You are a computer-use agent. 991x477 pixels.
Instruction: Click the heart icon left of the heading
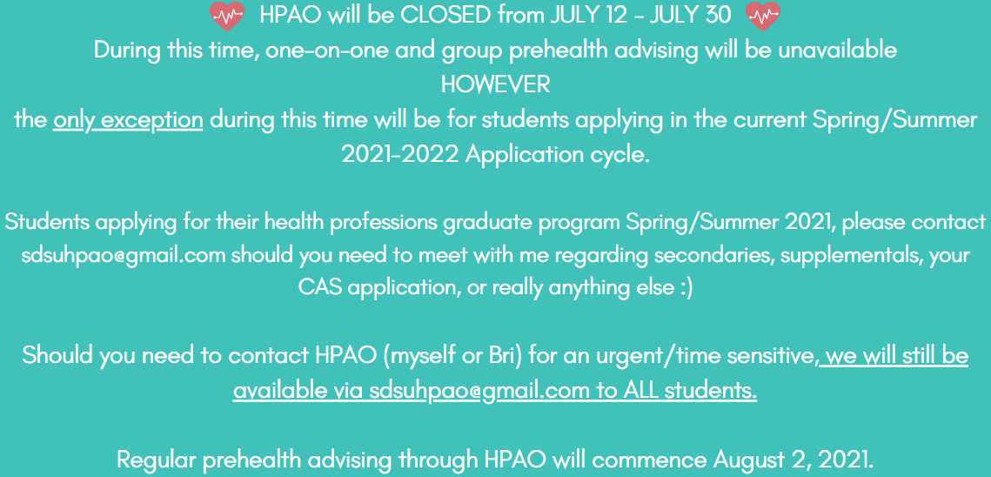tap(226, 16)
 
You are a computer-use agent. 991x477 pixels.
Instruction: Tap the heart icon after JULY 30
tap(763, 16)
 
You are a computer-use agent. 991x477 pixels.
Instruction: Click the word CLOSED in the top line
tap(445, 15)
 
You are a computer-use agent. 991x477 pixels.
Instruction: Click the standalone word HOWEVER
tap(495, 84)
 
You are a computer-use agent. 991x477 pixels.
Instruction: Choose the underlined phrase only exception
tap(128, 120)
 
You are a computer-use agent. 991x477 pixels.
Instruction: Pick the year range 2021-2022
tap(399, 154)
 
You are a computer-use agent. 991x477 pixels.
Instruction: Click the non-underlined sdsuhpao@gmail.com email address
tap(124, 256)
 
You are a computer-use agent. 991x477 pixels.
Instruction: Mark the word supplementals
tap(856, 257)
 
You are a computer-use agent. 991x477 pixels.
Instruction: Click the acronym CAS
tap(320, 288)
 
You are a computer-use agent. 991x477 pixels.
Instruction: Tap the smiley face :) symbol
tap(685, 288)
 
